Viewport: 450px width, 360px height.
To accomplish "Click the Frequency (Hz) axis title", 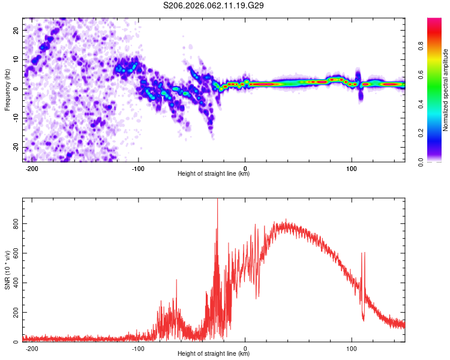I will pyautogui.click(x=7, y=89).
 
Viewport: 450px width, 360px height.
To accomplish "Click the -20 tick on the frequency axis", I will pyautogui.click(x=15, y=148).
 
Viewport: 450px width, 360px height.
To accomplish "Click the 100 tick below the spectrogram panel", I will pyautogui.click(x=352, y=167).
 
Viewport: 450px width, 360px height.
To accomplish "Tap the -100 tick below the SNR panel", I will pyautogui.click(x=138, y=347).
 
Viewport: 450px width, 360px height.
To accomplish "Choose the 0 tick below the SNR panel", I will pyautogui.click(x=245, y=347).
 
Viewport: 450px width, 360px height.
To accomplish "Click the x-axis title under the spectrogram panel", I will pyautogui.click(x=214, y=174).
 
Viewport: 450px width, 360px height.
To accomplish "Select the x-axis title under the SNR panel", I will pyautogui.click(x=214, y=354).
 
